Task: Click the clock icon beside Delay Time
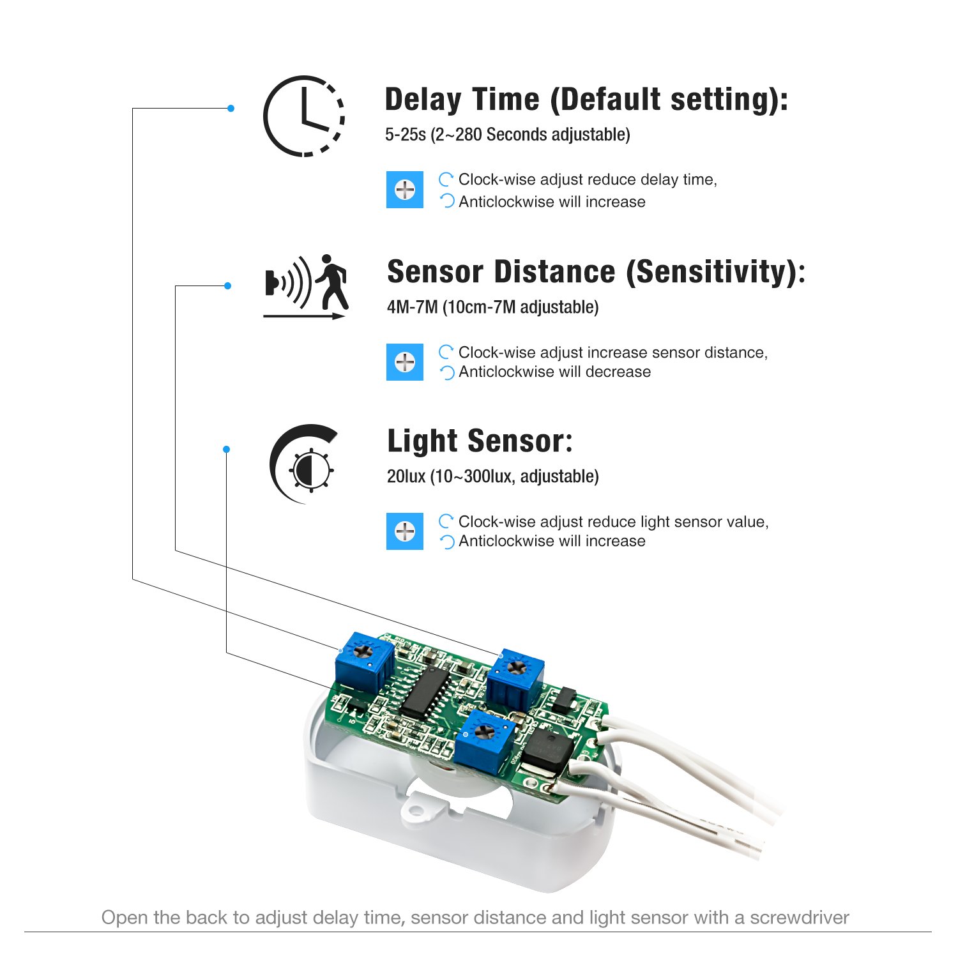pos(304,116)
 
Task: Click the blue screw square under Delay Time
pos(405,190)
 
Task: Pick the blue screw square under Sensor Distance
pos(405,362)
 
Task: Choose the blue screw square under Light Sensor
pos(405,531)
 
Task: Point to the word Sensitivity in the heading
pos(715,273)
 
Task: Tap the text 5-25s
pos(405,135)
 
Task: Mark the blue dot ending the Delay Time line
pos(231,109)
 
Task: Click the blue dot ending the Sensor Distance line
pos(228,285)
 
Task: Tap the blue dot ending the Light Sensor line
pos(226,450)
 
